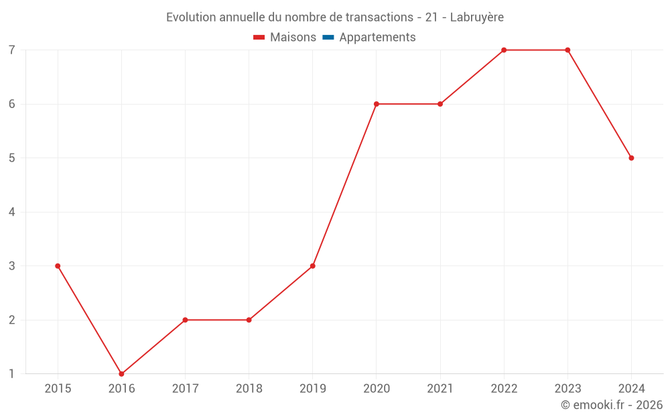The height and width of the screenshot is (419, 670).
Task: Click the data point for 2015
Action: pos(58,266)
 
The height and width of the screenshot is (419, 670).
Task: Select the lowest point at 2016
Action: pos(121,374)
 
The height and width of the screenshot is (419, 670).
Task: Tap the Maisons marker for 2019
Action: pos(313,266)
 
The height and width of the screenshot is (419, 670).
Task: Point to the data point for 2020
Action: pos(377,104)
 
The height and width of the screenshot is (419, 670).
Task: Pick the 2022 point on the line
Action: pos(504,50)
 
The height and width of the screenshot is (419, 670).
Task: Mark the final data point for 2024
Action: pos(631,158)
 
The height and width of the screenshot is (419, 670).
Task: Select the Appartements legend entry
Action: pos(377,38)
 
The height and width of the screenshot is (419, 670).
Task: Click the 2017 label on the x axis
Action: pos(185,388)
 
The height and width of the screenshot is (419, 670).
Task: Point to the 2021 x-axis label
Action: pos(440,388)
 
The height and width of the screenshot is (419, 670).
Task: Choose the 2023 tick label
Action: pos(567,388)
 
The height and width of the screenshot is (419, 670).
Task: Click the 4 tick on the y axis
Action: pos(12,212)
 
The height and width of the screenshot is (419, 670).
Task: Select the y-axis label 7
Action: pos(12,50)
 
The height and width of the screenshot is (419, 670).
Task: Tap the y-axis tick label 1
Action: pos(12,374)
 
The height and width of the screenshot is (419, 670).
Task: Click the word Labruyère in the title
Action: pos(476,17)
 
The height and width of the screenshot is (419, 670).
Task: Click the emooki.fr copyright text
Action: pos(612,405)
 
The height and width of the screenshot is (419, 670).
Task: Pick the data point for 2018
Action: pos(249,320)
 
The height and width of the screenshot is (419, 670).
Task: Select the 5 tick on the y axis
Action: pos(12,158)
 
